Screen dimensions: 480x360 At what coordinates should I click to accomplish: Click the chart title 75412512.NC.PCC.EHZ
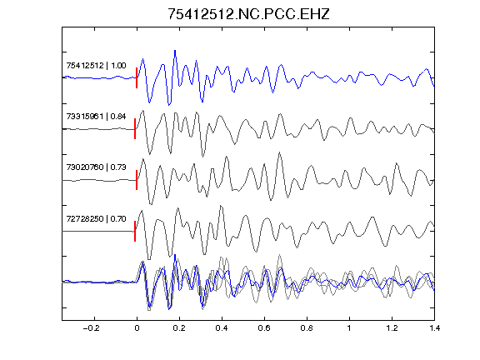(248, 14)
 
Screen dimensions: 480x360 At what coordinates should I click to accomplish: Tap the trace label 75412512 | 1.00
(96, 66)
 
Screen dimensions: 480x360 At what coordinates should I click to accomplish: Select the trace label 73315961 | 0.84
(96, 117)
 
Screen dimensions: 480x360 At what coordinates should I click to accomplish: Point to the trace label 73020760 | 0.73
(96, 167)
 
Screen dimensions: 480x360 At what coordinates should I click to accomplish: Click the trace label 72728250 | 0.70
(96, 219)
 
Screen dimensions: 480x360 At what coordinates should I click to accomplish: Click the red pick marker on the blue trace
(137, 77)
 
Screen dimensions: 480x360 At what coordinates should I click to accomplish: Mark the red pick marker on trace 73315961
(135, 129)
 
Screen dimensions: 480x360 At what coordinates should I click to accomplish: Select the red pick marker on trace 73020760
(137, 180)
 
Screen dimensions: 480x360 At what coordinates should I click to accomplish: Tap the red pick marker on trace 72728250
(135, 231)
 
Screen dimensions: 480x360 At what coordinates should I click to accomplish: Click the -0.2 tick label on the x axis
(92, 328)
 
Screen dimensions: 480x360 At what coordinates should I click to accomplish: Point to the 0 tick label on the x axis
(137, 328)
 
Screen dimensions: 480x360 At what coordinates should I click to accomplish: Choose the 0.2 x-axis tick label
(179, 328)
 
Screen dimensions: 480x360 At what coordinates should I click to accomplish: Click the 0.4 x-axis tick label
(222, 328)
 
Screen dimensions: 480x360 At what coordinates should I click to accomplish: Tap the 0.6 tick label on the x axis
(264, 328)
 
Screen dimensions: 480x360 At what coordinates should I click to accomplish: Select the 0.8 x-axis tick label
(307, 328)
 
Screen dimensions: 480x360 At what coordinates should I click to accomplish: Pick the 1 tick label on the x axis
(349, 328)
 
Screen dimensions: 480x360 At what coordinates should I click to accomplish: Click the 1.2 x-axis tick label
(392, 328)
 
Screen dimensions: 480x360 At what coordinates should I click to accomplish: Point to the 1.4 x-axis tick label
(434, 328)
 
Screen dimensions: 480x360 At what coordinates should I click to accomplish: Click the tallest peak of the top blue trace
(175, 51)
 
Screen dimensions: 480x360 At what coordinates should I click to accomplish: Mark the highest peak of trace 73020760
(279, 152)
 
